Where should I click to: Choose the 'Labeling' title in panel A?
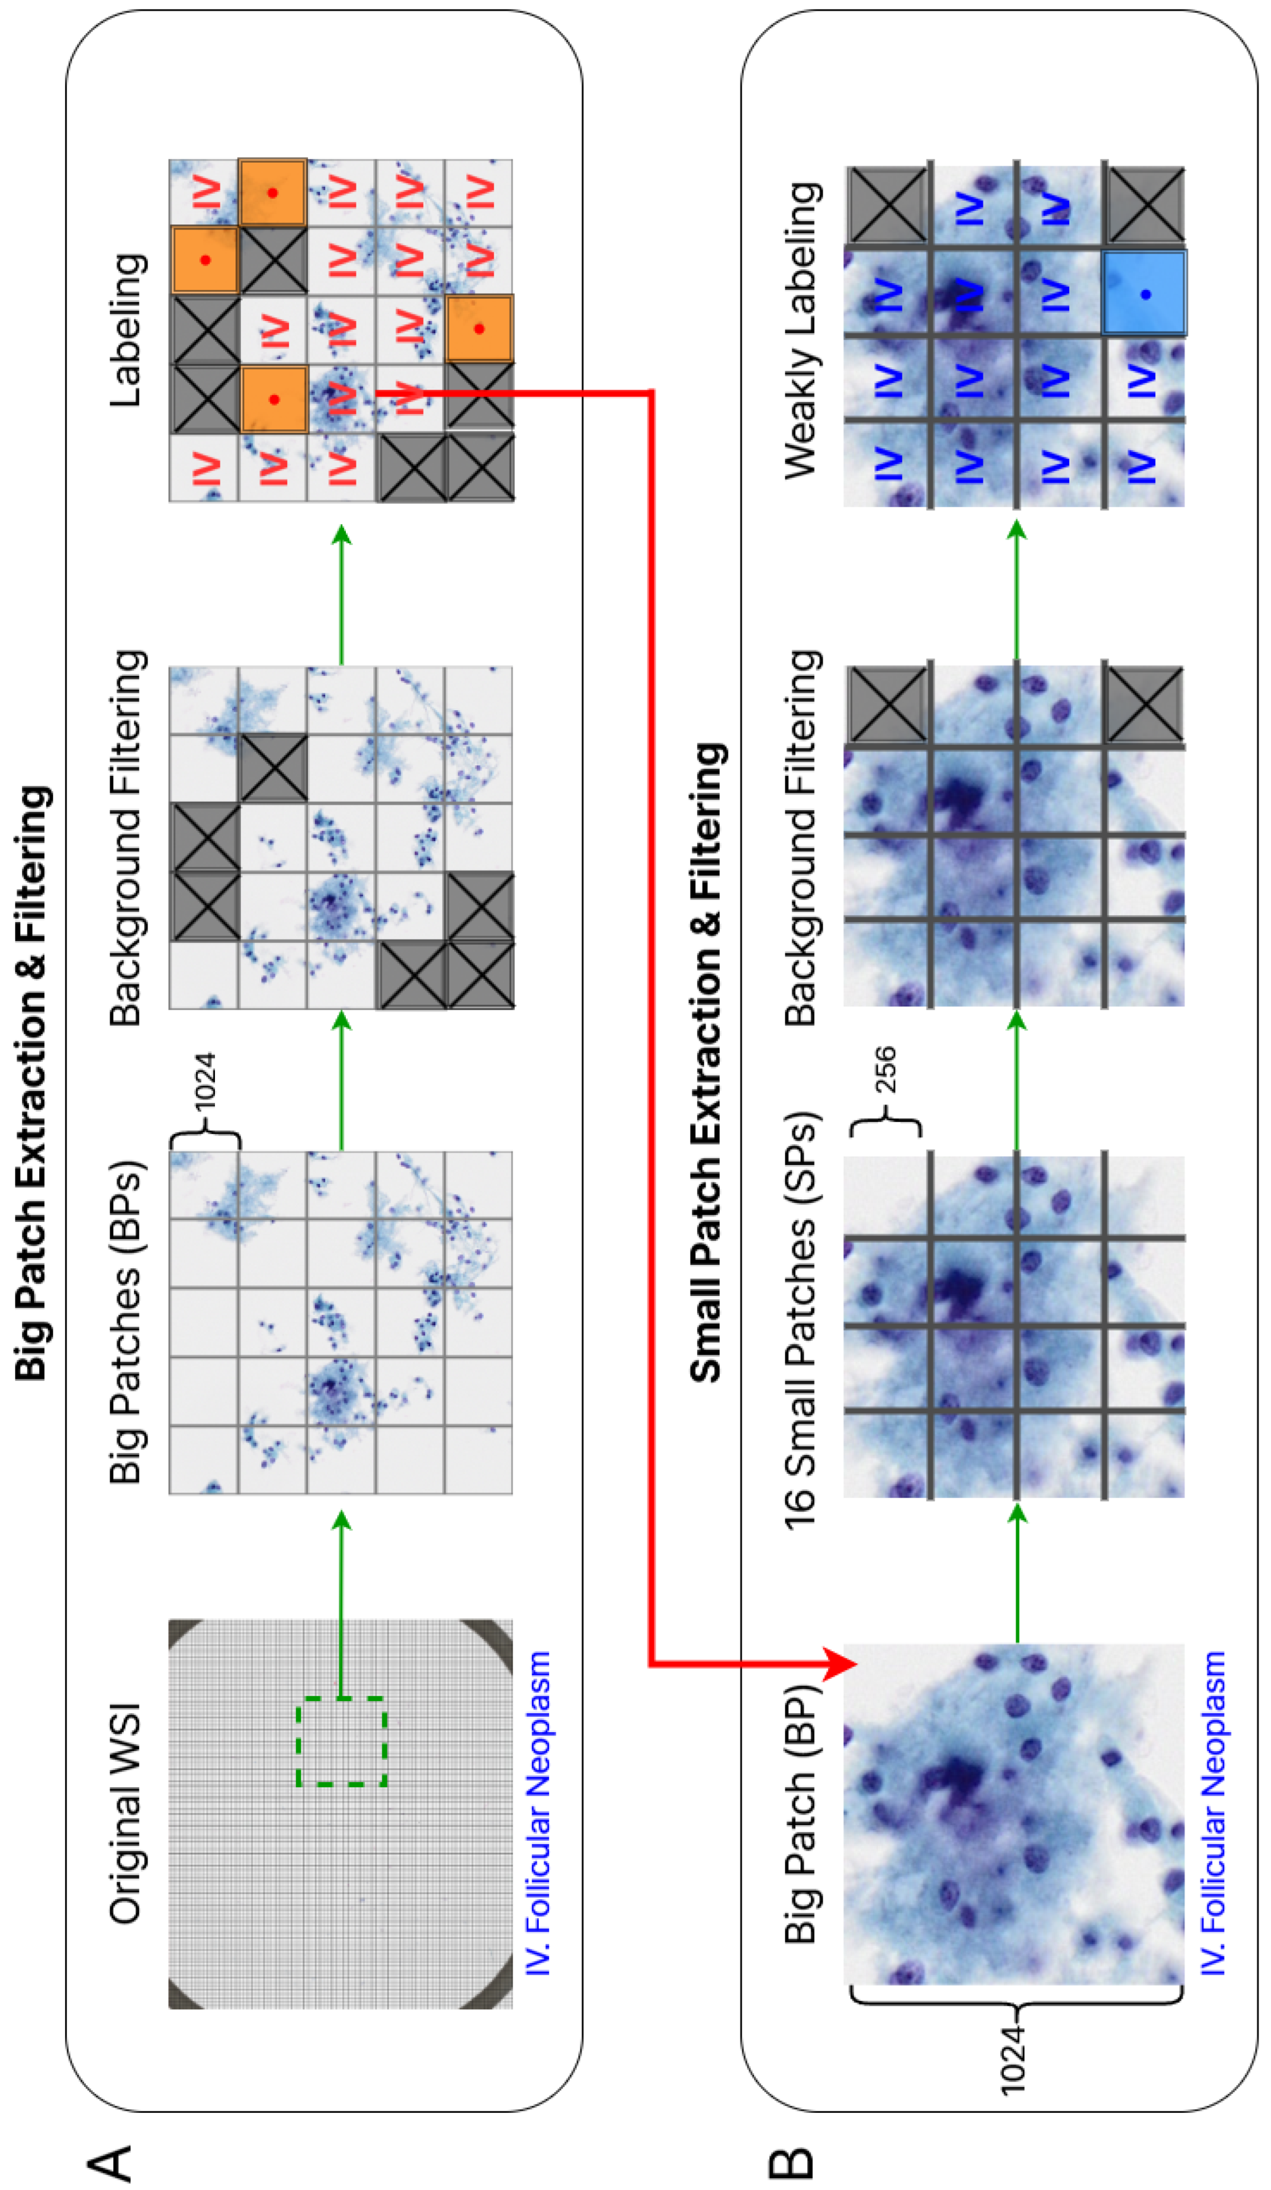click(x=126, y=330)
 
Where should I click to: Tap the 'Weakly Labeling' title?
click(x=801, y=330)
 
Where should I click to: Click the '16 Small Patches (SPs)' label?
click(x=801, y=1321)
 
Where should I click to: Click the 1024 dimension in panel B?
click(x=1012, y=2060)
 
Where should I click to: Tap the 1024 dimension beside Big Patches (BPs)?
click(x=205, y=1083)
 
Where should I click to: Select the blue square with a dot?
click(x=1144, y=294)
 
